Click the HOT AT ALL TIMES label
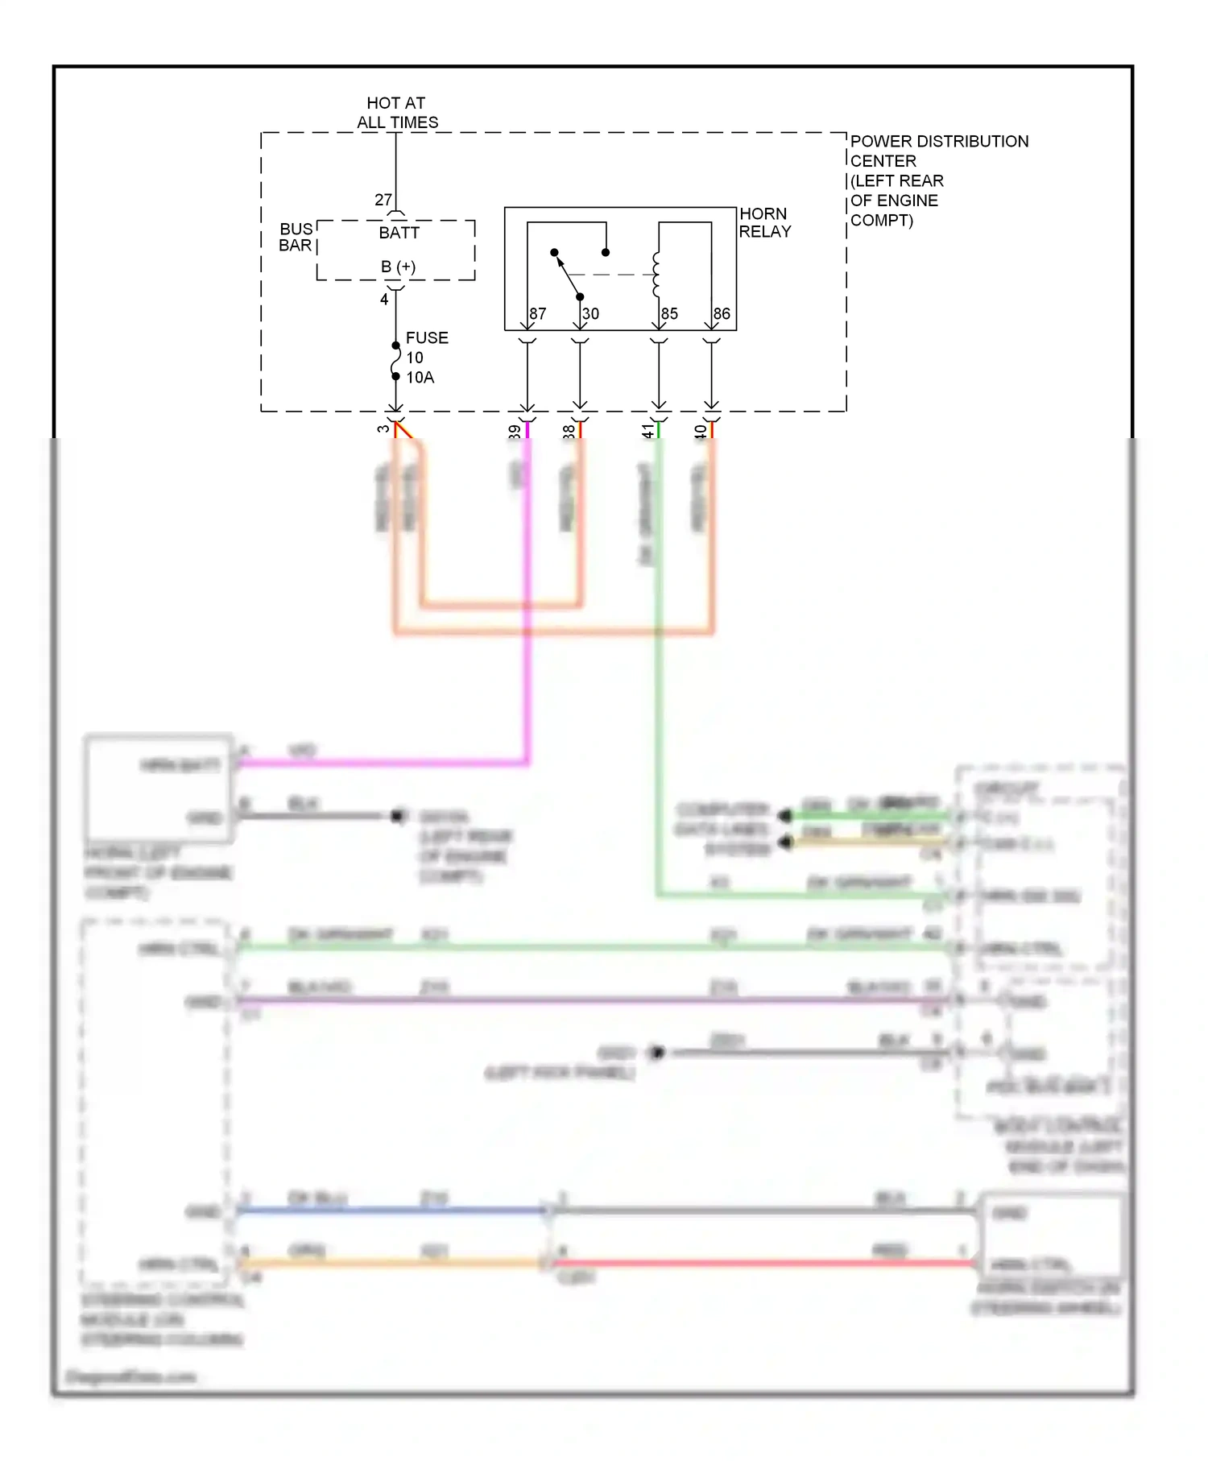tap(397, 113)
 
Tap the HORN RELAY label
tap(764, 223)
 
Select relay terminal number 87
tap(538, 314)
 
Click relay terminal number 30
tap(591, 314)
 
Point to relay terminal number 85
tap(669, 314)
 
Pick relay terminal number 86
tap(722, 314)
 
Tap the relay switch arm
tap(567, 275)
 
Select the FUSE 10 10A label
tap(425, 358)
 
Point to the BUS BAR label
tap(296, 238)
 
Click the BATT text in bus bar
tap(399, 234)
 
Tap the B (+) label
tap(399, 267)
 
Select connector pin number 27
tap(383, 200)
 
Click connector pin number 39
tap(515, 432)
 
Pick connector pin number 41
tap(647, 432)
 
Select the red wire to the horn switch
tap(765, 1263)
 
